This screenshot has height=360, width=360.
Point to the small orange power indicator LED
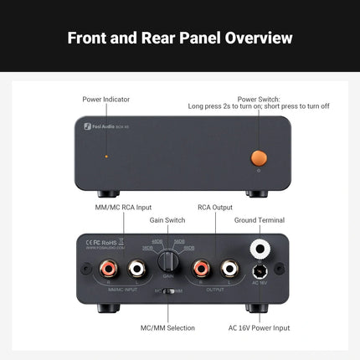coord(105,157)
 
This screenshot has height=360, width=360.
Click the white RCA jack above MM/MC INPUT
coord(134,269)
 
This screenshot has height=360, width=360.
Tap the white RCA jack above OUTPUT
coord(226,269)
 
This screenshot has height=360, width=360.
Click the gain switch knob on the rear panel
coord(168,262)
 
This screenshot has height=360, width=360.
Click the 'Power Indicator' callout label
coord(105,99)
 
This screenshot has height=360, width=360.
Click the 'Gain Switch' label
coord(167,219)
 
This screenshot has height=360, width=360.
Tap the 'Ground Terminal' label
coord(262,219)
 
